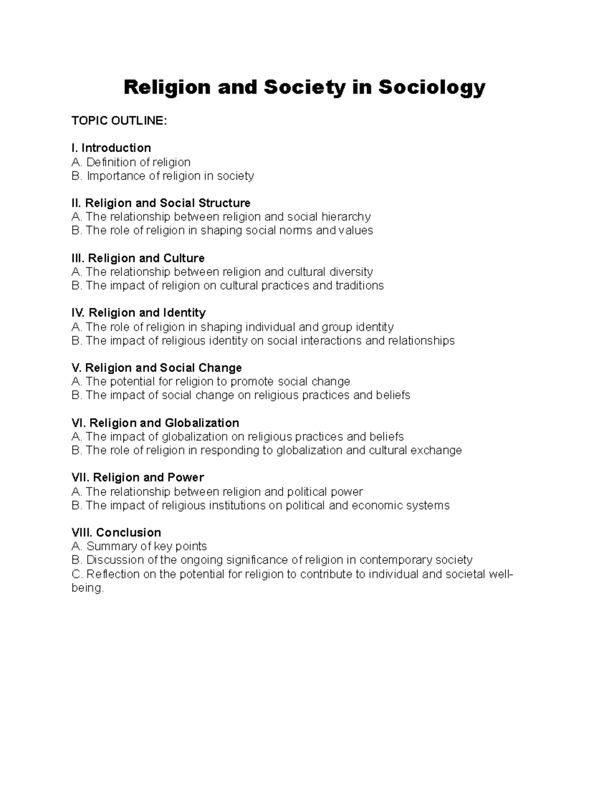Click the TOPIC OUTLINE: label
[119, 121]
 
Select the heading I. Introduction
[111, 148]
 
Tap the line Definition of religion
[131, 162]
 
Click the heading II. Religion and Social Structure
[161, 203]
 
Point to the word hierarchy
[346, 217]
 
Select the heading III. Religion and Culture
[138, 258]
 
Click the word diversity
[351, 272]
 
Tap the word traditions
[359, 286]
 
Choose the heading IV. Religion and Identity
[139, 313]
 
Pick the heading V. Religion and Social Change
[157, 368]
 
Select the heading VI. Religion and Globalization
[156, 423]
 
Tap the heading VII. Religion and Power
[138, 478]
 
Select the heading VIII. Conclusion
[116, 533]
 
